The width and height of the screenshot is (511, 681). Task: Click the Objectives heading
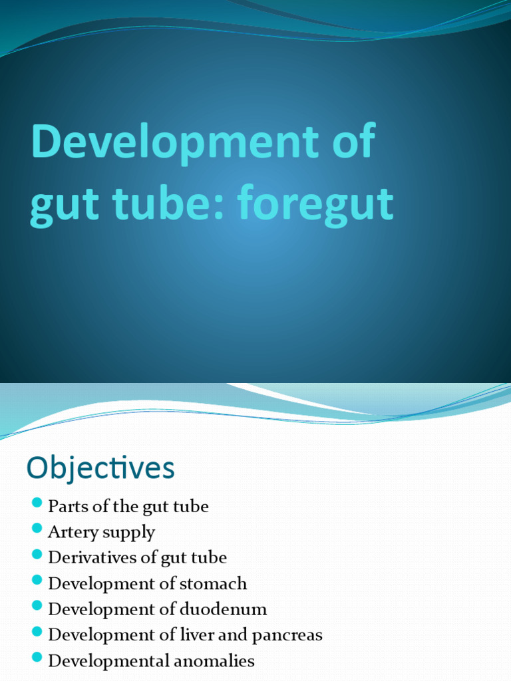[x=100, y=468]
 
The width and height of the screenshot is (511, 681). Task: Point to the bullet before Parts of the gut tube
[x=37, y=502]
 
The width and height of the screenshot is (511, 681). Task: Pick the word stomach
[x=214, y=584]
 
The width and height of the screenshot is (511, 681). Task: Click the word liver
[x=199, y=635]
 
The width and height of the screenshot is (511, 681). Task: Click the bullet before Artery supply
[x=37, y=528]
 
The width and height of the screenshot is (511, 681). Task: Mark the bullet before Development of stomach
[x=37, y=580]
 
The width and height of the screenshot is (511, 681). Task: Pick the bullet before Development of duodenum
[x=37, y=605]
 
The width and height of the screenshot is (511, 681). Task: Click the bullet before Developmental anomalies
[x=37, y=657]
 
